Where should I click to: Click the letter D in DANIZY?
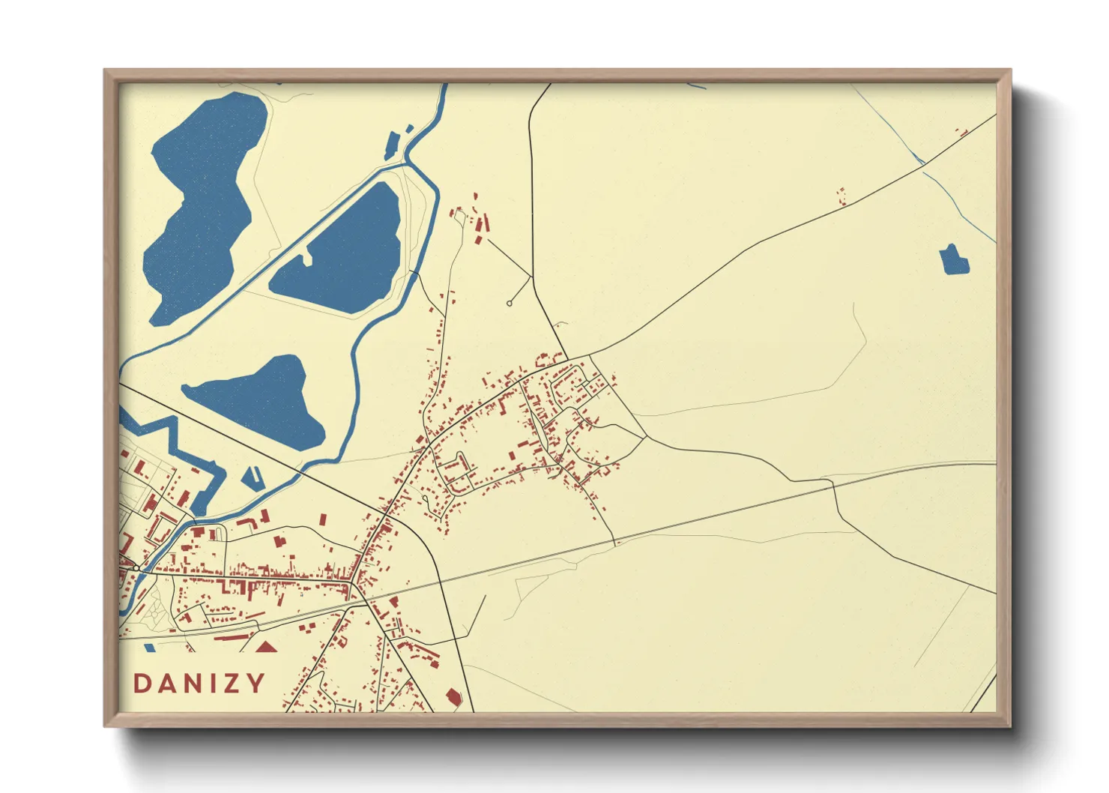pos(142,684)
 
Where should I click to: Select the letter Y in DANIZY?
pos(256,684)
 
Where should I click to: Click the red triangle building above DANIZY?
pos(267,646)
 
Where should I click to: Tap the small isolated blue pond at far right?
pos(954,260)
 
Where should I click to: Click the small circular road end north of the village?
pos(510,304)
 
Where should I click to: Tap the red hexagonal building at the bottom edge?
pos(453,698)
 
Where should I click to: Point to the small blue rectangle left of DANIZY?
pos(150,647)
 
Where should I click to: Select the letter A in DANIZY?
pos(166,684)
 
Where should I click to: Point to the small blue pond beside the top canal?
pos(391,145)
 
